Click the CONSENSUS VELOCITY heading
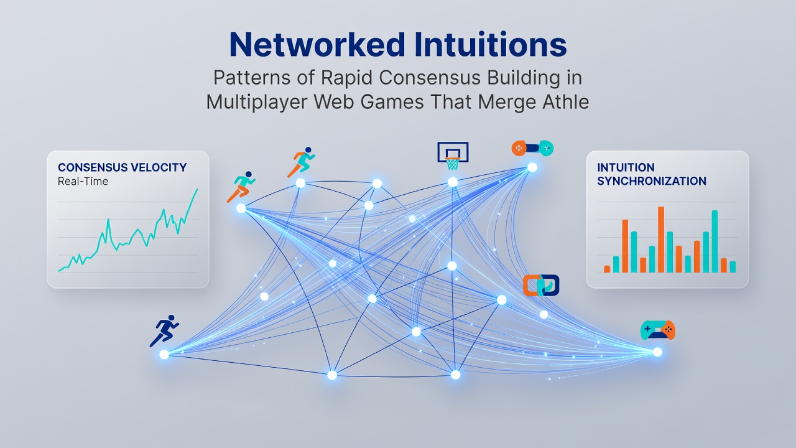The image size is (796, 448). coord(123,167)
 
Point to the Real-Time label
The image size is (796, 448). coord(83,181)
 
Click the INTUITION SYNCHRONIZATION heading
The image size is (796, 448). coord(651,174)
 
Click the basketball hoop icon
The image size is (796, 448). coord(453,156)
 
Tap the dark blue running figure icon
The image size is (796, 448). coord(164,330)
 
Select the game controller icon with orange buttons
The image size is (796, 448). coord(658,330)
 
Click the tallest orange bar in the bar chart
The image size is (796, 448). coord(661,240)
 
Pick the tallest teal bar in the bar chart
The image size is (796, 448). coord(715,241)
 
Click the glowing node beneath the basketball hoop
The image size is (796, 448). coord(453,182)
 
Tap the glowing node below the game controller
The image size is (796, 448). coord(657,352)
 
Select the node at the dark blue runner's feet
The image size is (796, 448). coord(164,354)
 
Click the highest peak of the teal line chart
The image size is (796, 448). coord(197,190)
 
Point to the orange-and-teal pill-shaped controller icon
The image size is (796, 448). coord(532,148)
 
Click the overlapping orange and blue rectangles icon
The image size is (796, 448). coord(541,285)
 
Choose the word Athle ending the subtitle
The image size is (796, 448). coord(566,102)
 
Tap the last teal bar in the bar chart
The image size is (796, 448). coord(733,267)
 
